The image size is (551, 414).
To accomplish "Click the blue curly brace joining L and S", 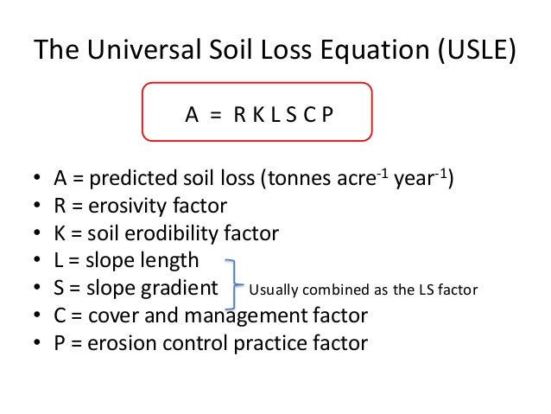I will tap(231, 283).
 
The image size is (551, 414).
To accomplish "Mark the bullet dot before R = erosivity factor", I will tap(37, 207).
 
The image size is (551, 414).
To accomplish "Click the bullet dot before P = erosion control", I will tap(37, 344).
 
